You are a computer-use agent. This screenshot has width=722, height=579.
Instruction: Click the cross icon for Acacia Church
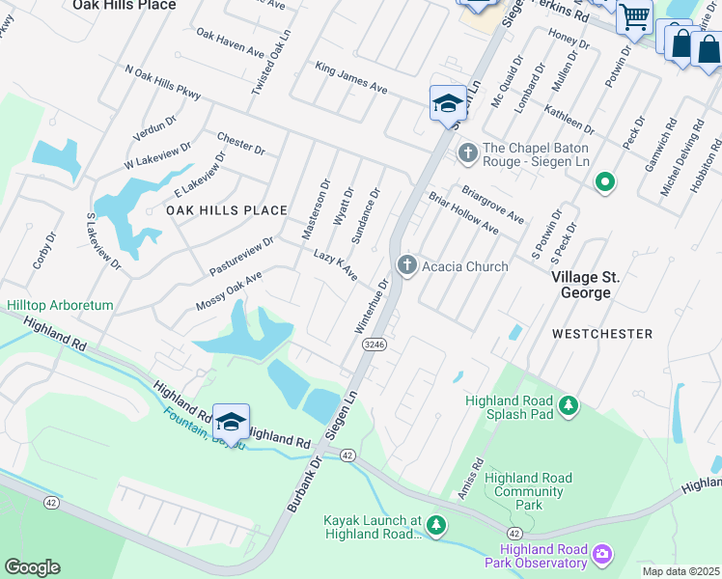point(407,264)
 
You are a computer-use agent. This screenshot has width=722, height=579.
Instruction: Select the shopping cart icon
point(634,16)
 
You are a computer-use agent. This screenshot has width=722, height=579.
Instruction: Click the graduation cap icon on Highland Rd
point(231,422)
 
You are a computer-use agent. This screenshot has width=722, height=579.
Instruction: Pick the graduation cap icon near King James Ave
point(448,102)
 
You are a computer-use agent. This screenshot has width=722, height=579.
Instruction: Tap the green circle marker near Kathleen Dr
point(605,181)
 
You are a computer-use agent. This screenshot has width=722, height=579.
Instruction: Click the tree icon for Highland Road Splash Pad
point(569,408)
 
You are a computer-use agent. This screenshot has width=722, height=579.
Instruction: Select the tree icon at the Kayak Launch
point(437,525)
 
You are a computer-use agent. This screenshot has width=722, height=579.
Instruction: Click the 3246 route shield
point(375,344)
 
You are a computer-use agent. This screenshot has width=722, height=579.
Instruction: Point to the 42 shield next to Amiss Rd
point(515,533)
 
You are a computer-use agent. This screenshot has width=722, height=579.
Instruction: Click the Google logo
point(32,567)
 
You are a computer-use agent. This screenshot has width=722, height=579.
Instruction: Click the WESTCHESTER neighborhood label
point(602,333)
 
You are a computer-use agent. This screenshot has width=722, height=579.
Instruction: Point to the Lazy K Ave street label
point(336,265)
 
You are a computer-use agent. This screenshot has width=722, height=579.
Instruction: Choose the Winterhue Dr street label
point(374,308)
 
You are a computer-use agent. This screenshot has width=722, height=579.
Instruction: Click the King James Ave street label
point(351,78)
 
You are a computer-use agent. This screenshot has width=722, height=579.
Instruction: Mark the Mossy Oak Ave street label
point(229,291)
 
